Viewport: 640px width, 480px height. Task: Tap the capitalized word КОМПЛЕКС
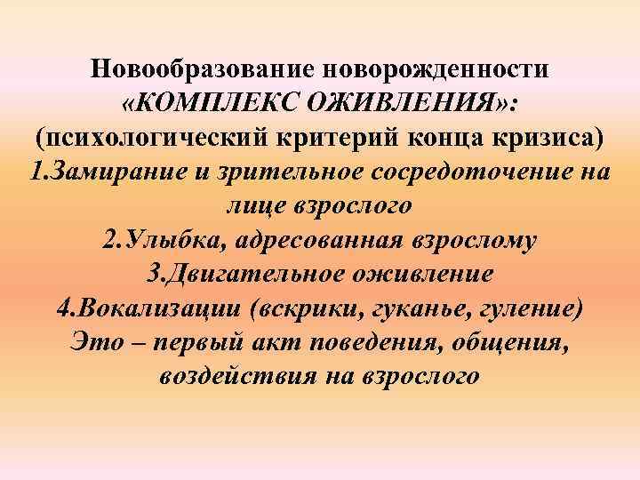point(221,105)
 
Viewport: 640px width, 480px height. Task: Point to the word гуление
point(529,308)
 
